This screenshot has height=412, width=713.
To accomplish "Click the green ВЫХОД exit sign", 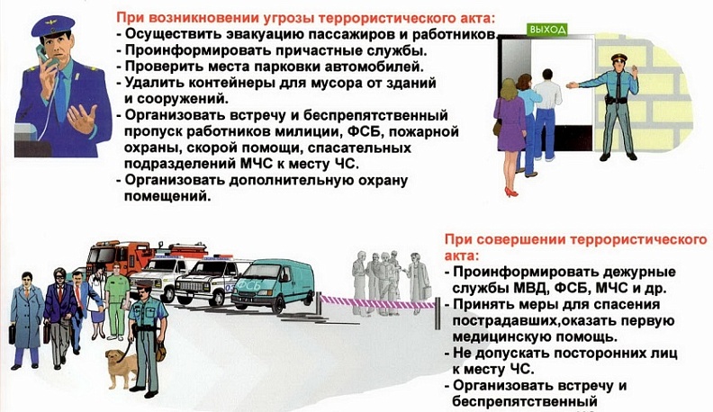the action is (547, 30).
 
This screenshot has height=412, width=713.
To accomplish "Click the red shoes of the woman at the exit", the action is (511, 191).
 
